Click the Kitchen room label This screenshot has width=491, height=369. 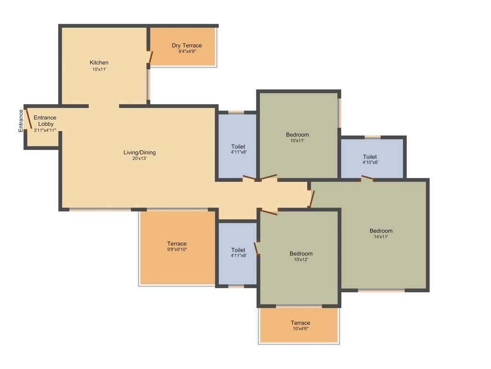[x=99, y=62]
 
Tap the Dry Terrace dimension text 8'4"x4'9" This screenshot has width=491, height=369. [x=187, y=51]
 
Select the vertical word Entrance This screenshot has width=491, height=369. [x=21, y=121]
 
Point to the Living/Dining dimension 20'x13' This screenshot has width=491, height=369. [x=140, y=159]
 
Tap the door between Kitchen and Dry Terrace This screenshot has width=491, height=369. [x=151, y=57]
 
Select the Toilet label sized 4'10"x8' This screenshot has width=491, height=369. [x=370, y=157]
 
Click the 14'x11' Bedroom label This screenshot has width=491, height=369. [x=381, y=231]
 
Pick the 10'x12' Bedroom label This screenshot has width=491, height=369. [x=301, y=254]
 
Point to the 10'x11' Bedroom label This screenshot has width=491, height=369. [x=297, y=135]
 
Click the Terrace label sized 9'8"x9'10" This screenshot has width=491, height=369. [x=176, y=244]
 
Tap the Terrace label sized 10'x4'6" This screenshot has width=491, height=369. [x=300, y=323]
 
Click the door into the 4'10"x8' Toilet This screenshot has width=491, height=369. [x=367, y=178]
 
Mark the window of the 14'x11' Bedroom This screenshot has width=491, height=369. [x=381, y=290]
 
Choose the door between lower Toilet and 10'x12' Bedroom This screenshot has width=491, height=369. [x=257, y=248]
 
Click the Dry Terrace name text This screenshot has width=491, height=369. [x=187, y=46]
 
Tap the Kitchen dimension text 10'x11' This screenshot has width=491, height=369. [x=99, y=69]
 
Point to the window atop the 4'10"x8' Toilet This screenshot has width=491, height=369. [x=373, y=137]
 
